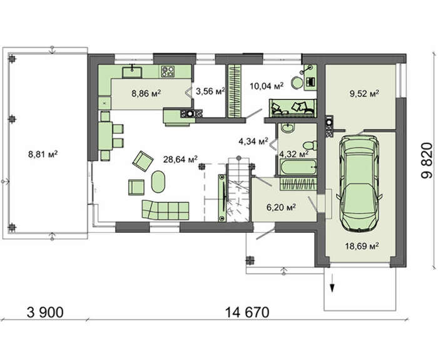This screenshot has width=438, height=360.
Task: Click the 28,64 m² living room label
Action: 181,159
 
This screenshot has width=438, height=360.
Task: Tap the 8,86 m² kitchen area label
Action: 146,93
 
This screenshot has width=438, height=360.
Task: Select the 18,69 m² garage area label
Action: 362,246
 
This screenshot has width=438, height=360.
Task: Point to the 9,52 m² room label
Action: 364,93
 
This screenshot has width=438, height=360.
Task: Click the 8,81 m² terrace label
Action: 43,154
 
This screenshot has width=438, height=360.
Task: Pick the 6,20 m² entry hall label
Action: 282,207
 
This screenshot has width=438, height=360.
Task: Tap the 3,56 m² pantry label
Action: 210,91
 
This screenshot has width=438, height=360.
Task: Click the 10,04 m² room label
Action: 267,86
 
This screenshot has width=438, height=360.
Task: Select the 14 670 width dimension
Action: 247,312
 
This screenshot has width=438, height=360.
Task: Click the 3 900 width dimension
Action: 45,312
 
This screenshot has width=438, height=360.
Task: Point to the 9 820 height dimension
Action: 427,160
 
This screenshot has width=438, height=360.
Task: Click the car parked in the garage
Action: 359,183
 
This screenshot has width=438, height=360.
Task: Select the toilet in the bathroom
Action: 310,145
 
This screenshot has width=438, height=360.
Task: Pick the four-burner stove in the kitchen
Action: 168,71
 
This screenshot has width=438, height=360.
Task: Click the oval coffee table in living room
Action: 158,182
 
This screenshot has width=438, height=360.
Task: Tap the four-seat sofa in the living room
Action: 165,210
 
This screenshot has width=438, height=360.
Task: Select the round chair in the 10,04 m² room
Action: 297,83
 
